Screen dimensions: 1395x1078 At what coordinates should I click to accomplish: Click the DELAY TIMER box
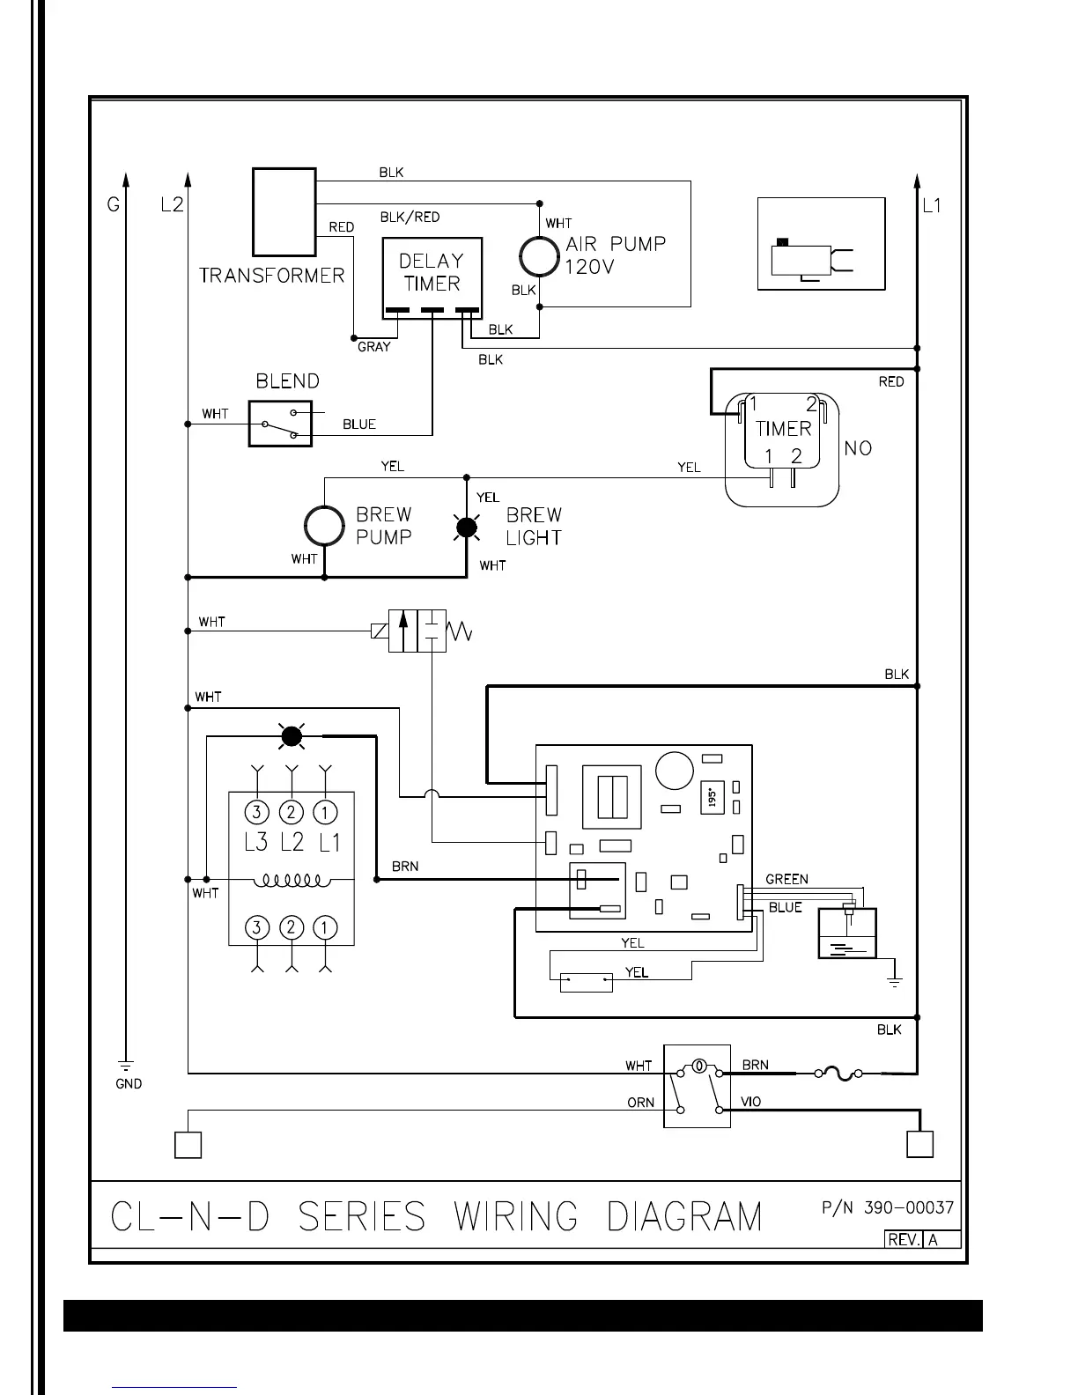(x=432, y=277)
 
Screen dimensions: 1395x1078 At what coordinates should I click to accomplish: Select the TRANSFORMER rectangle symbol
(x=284, y=211)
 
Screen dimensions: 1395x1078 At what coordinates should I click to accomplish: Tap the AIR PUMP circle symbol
(x=539, y=256)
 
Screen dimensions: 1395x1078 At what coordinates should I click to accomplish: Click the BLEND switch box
(x=280, y=424)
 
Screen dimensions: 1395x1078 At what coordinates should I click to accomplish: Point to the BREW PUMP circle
(x=324, y=527)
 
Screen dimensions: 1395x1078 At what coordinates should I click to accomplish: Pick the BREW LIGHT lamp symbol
(x=466, y=528)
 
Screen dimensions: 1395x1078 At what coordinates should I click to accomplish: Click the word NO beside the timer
(x=858, y=448)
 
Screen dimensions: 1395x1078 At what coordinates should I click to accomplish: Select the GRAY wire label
(x=373, y=347)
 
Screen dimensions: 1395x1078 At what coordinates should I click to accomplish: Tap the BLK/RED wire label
(x=410, y=217)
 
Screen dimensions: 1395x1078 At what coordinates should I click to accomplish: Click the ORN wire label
(x=640, y=1103)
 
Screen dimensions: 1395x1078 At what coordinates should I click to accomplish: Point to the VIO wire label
(x=751, y=1102)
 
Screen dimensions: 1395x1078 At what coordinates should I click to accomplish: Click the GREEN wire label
(x=786, y=879)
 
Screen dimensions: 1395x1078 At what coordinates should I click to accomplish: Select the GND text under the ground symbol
(x=129, y=1084)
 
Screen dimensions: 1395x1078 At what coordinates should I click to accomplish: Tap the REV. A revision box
(x=922, y=1239)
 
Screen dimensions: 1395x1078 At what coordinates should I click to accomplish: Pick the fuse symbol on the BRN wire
(x=838, y=1074)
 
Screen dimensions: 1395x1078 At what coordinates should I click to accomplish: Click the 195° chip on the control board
(x=712, y=797)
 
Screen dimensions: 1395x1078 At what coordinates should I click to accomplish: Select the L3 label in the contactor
(x=255, y=842)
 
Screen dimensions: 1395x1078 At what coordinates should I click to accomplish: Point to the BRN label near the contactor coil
(x=405, y=867)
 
